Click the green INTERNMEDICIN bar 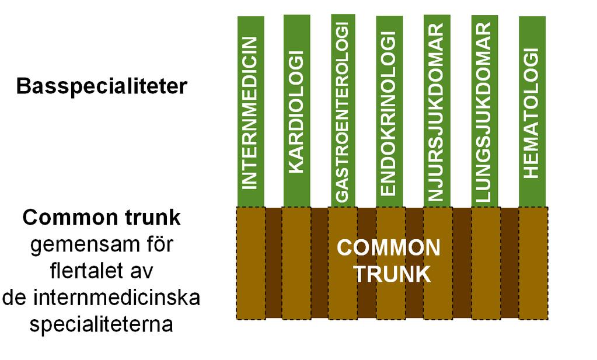250,111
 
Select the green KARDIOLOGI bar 296,111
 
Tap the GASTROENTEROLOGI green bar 343,111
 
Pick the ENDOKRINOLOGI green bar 389,111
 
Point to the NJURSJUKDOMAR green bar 437,111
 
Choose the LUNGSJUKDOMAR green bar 485,111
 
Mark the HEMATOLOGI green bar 532,111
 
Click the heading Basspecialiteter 102,86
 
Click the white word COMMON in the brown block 388,248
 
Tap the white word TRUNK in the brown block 392,274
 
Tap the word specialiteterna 102,324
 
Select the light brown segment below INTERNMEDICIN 251,263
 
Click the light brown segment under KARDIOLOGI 296,263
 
